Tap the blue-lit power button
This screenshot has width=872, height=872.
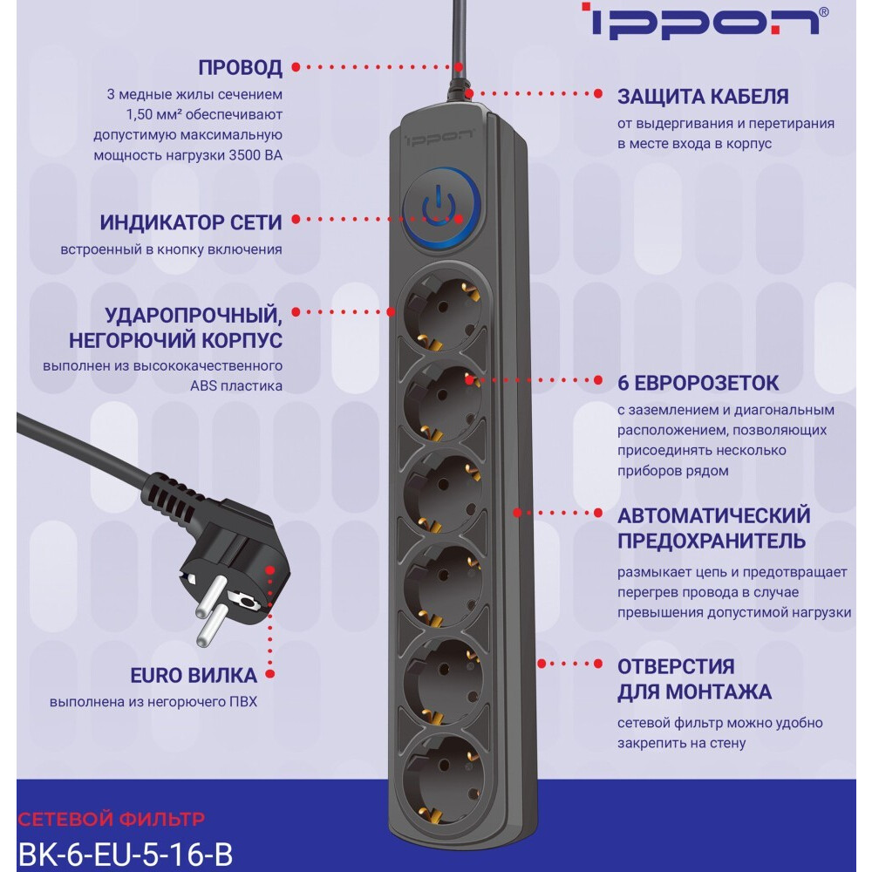[x=442, y=208]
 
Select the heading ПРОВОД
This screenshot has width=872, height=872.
[x=240, y=67]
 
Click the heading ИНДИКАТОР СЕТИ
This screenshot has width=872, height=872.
[x=190, y=221]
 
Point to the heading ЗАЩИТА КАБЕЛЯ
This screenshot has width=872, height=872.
[x=703, y=96]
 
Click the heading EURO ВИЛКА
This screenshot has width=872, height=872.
[x=194, y=675]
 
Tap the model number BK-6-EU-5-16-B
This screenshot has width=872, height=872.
[x=125, y=853]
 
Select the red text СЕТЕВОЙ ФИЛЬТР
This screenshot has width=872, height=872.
[x=111, y=819]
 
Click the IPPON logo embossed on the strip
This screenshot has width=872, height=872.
[x=441, y=133]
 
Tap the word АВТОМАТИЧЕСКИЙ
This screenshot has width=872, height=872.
[x=713, y=515]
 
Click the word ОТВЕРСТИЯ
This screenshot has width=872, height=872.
[x=676, y=666]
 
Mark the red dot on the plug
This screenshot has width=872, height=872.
[x=269, y=569]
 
